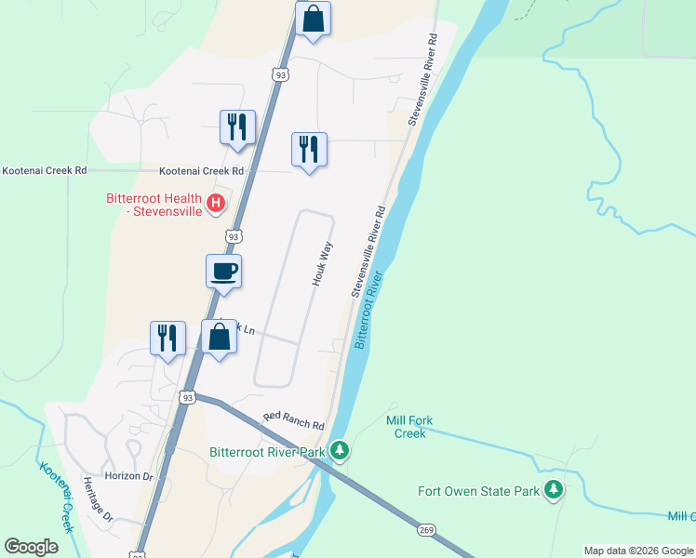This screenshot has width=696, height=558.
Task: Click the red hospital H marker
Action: pyautogui.click(x=216, y=203)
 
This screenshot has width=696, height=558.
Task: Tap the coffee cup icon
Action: pyautogui.click(x=223, y=272)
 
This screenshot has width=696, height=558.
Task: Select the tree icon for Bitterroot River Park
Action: pyautogui.click(x=340, y=452)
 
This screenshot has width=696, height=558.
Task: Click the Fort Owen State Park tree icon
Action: pyautogui.click(x=555, y=489)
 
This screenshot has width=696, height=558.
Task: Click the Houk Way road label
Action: pyautogui.click(x=323, y=264)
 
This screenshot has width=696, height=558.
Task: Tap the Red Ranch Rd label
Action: pyautogui.click(x=293, y=420)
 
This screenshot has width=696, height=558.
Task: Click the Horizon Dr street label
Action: pyautogui.click(x=128, y=475)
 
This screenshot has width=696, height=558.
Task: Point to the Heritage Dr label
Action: pyautogui.click(x=97, y=498)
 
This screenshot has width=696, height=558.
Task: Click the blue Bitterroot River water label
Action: pyautogui.click(x=368, y=311)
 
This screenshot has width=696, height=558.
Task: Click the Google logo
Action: pyautogui.click(x=31, y=547)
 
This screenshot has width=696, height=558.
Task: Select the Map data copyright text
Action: pyautogui.click(x=637, y=551)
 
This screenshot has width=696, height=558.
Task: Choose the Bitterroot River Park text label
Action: pyautogui.click(x=267, y=453)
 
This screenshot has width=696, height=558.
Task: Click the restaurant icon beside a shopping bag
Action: pyautogui.click(x=167, y=339)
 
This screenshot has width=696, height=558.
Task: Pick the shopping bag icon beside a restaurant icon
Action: pyautogui.click(x=220, y=338)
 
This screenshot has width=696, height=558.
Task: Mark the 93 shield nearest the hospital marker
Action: pyautogui.click(x=234, y=236)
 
